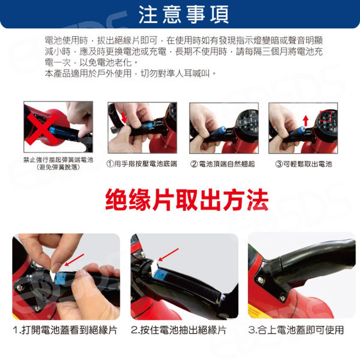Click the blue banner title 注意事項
coord(184,14)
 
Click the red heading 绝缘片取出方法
coord(187,200)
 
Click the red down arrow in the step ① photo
coord(124,117)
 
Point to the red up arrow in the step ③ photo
coord(306,121)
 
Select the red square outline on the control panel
coord(326,116)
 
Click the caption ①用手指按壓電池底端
coord(142,164)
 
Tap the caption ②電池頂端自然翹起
coord(223,164)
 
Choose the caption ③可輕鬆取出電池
coord(304,164)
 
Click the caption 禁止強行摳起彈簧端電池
coord(58,160)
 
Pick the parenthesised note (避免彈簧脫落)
coord(58,167)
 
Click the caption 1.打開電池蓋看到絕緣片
coord(65,330)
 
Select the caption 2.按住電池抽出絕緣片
coord(178,330)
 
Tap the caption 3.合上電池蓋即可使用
coord(296,330)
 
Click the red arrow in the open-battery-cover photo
coord(75,260)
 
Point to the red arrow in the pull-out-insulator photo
coord(168,255)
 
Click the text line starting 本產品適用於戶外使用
coord(130,73)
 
